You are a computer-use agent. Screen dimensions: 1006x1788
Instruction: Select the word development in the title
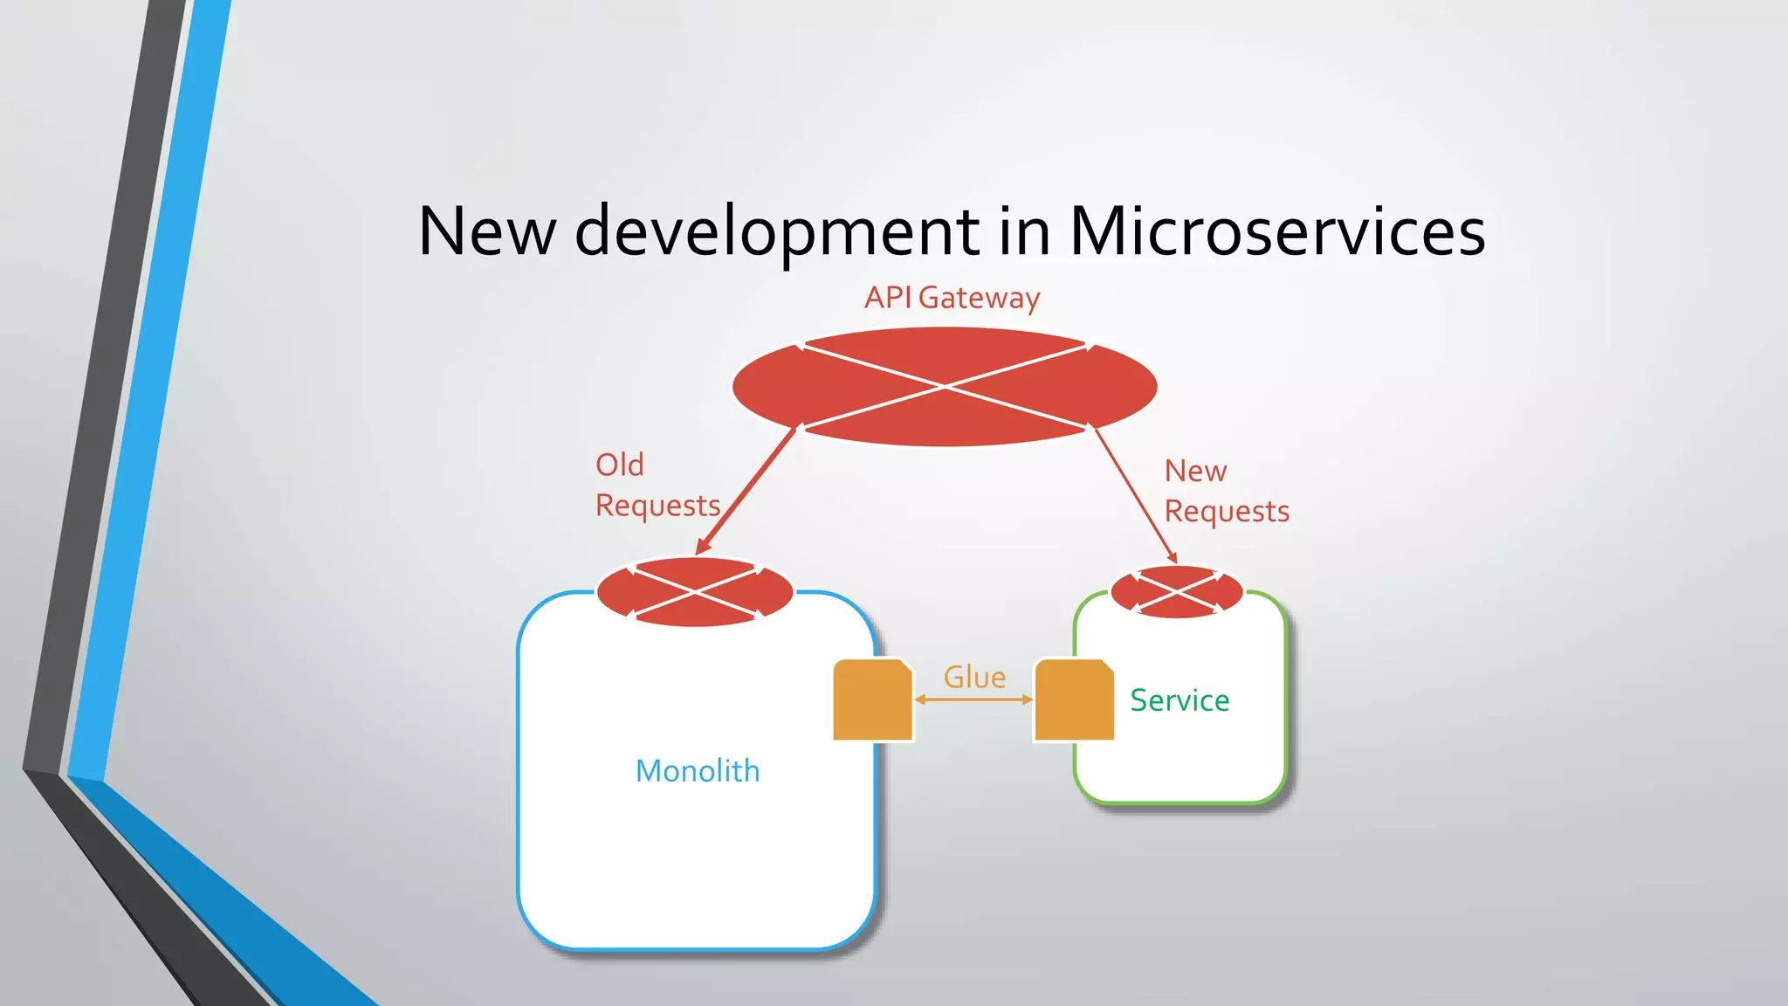(x=777, y=232)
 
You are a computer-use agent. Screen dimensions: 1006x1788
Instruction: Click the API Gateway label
(x=952, y=298)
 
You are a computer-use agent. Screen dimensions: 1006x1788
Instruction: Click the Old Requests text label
(x=657, y=485)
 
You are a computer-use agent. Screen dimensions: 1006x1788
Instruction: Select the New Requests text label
(x=1226, y=491)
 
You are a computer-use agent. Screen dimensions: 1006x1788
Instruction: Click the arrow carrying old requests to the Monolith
(x=747, y=490)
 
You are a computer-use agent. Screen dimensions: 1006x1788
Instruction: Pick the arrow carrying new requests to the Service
(x=1135, y=494)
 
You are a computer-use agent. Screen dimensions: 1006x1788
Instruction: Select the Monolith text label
(x=698, y=771)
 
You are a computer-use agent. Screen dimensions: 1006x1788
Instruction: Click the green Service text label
(x=1179, y=700)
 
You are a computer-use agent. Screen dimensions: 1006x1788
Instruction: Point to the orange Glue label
(x=974, y=677)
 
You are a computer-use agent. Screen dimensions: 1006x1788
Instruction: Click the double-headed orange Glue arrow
(x=973, y=699)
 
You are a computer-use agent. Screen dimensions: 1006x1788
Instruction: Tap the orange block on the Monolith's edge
(x=872, y=700)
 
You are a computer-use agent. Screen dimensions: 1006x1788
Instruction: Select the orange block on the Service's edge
(x=1074, y=700)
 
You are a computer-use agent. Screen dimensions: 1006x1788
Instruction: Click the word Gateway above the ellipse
(x=979, y=298)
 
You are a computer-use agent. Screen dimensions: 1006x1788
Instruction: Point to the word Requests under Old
(x=657, y=506)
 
